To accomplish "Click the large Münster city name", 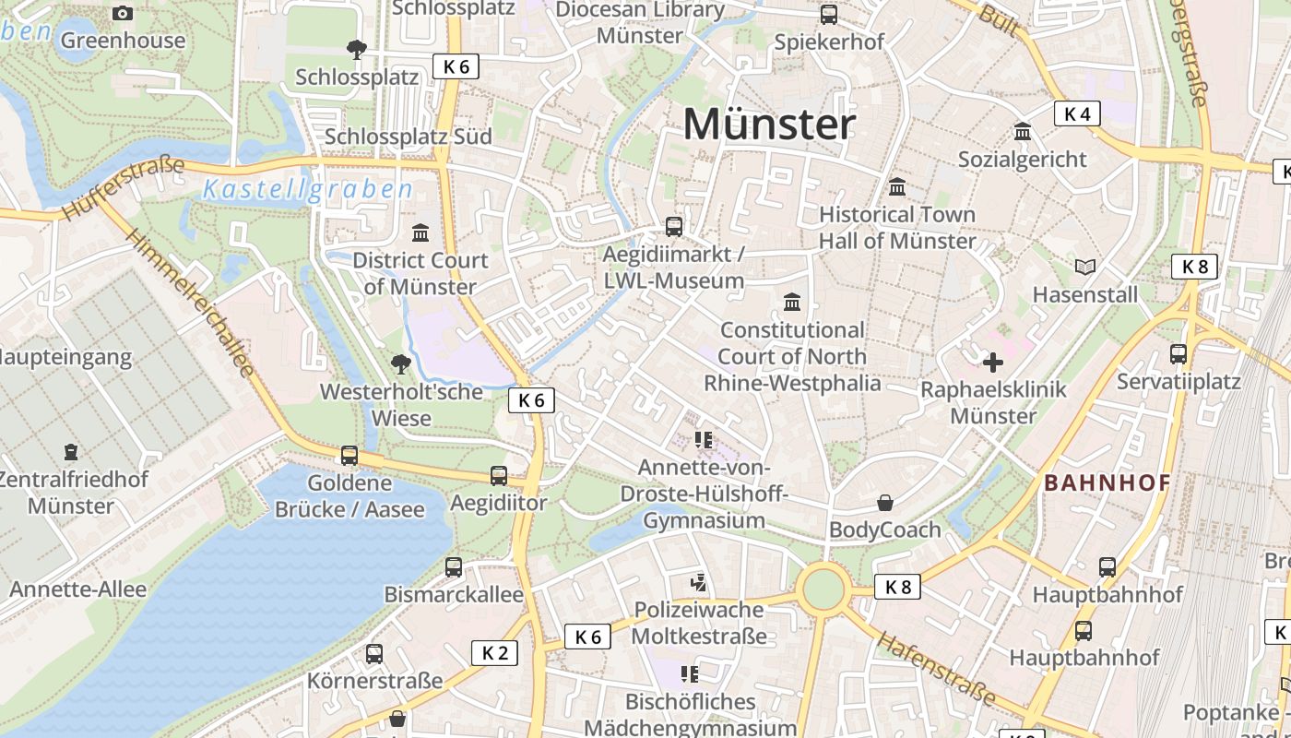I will [x=769, y=125].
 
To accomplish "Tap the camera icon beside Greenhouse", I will [x=122, y=13].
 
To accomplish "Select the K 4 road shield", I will [x=1077, y=113].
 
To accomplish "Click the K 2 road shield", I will [x=494, y=653].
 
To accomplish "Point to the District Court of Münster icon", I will [x=420, y=232].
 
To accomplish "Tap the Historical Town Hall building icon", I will [x=896, y=187].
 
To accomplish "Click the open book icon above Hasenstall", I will [x=1085, y=267].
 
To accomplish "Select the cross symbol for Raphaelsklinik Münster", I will [x=993, y=362].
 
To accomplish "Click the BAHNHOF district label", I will [x=1107, y=482].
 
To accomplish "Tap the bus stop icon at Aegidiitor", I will [x=499, y=475].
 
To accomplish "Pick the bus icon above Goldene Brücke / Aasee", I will [x=349, y=455].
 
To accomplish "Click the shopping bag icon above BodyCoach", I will [x=884, y=503].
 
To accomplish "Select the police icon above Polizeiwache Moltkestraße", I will [x=699, y=582].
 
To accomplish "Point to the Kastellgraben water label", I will [x=307, y=190].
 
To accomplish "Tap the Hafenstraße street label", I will [x=935, y=668].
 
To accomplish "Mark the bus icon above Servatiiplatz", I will [x=1178, y=353].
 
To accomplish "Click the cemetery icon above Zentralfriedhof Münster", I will [x=71, y=452].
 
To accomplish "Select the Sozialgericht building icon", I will [x=1022, y=132].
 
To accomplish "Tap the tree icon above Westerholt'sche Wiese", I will [x=400, y=363].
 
